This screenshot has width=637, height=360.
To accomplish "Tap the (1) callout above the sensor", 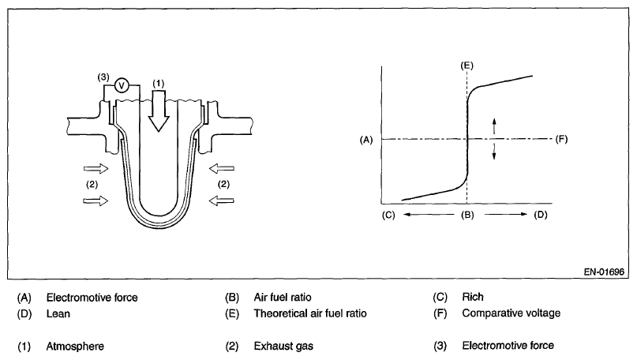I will (x=159, y=83).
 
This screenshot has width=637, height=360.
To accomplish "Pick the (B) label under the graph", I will (x=467, y=215).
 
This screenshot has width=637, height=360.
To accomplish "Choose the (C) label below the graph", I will (x=388, y=215).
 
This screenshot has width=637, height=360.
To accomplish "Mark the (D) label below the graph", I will (x=541, y=215).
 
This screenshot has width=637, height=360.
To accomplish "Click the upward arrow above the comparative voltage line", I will (x=495, y=126).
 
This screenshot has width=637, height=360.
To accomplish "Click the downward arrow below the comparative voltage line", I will (x=495, y=152).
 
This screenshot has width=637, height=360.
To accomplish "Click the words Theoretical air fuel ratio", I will (x=310, y=313).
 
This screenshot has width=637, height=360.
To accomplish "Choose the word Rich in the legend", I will (x=473, y=298).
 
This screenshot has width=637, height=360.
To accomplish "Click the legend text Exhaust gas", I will (x=282, y=345).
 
